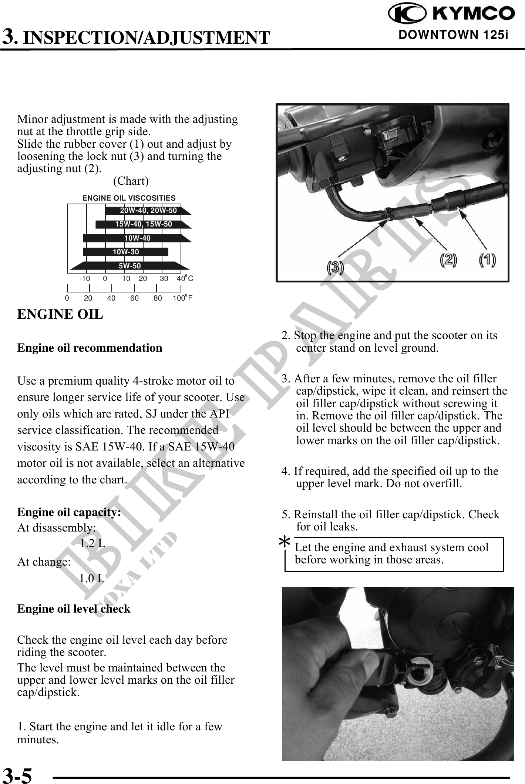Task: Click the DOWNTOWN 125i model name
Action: pos(453,35)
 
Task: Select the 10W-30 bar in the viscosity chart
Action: pos(126,252)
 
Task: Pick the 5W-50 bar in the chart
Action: pos(129,266)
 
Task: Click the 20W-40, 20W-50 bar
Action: pos(148,211)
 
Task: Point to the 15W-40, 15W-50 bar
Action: pos(144,224)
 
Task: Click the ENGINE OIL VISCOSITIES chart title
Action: pos(129,198)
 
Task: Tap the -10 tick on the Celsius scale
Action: pos(85,279)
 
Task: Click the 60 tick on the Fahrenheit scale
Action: pos(134,298)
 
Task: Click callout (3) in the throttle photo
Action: pos(335,267)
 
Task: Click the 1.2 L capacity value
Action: pos(92,544)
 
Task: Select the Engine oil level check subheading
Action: pos(74,609)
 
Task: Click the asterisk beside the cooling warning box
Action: pos(284,543)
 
